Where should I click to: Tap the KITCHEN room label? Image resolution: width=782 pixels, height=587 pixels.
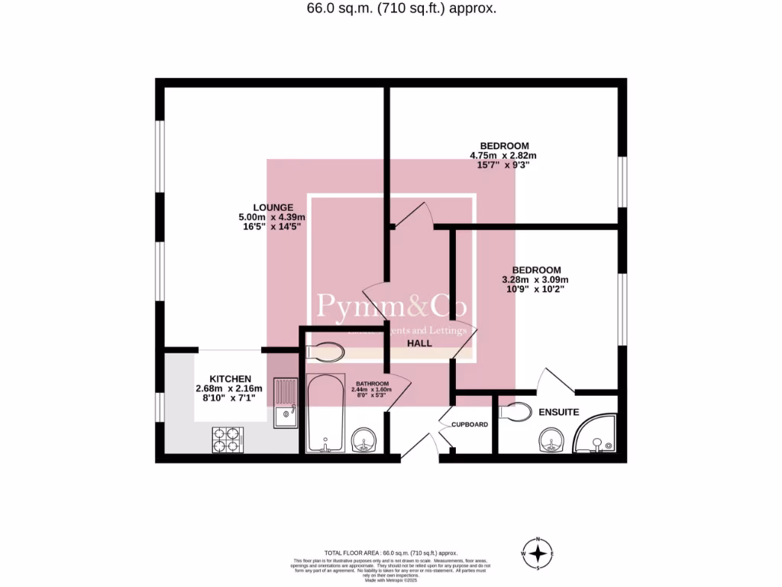[230, 379]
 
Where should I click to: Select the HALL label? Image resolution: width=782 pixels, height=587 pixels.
[419, 344]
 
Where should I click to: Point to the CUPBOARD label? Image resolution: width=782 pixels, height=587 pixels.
[469, 424]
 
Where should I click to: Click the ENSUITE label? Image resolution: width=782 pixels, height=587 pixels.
[559, 412]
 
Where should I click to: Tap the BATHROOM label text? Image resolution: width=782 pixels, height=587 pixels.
[371, 383]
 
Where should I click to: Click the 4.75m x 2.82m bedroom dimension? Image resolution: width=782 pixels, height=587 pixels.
[504, 156]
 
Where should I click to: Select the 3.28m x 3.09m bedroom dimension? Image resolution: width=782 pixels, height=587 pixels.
[536, 280]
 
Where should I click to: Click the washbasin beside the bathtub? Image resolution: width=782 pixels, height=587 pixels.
[364, 441]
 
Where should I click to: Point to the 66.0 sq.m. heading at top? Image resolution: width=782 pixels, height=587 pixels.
[391, 9]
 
